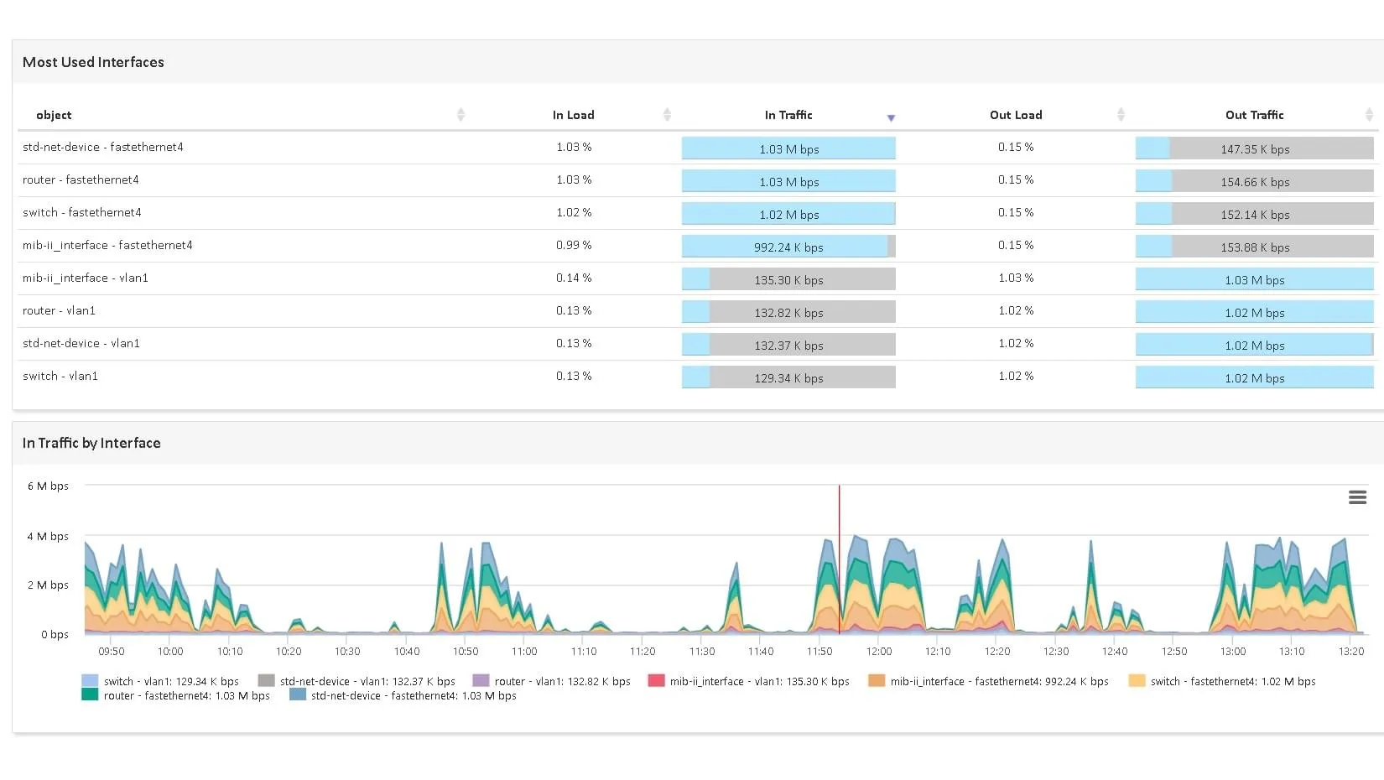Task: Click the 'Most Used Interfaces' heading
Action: coord(93,62)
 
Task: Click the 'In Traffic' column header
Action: coord(788,115)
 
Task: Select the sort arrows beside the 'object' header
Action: coord(460,115)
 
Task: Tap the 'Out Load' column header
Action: coord(1016,115)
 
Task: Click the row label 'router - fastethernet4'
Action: coord(81,179)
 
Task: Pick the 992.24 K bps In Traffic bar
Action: coord(788,247)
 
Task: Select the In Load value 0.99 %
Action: coord(574,245)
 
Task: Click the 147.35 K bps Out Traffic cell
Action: coord(1255,149)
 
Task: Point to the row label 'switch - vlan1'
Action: coord(60,376)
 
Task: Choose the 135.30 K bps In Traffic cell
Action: coord(788,280)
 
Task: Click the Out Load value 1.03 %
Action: coord(1016,278)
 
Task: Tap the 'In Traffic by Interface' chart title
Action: coord(91,443)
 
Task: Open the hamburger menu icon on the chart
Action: coord(1357,497)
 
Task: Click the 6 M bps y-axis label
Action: coord(48,486)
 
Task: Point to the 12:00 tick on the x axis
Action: coord(879,651)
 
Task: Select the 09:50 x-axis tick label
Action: coord(111,651)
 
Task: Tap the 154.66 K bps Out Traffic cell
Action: coord(1255,182)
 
